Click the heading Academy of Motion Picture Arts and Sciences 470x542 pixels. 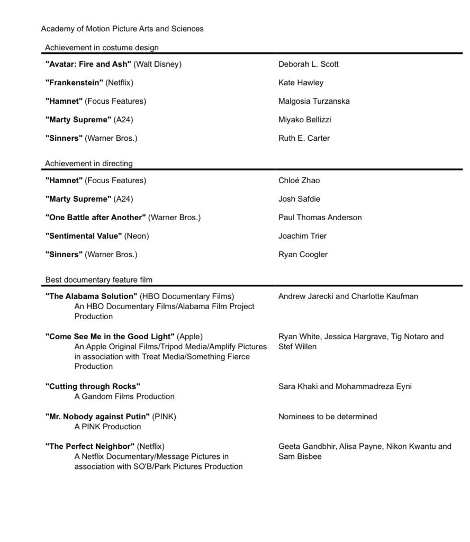pos(122,29)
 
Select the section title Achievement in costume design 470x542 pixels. pos(102,48)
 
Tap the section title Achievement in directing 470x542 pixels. pos(89,164)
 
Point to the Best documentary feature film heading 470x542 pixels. pos(99,279)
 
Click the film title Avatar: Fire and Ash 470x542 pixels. pos(88,65)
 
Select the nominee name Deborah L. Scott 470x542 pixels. pos(308,65)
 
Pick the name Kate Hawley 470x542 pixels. pos(301,83)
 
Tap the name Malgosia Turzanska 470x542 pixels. pos(314,102)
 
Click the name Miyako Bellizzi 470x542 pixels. pos(304,120)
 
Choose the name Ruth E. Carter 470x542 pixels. pos(304,139)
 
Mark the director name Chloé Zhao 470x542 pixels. pos(299,180)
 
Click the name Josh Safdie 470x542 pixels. pos(299,199)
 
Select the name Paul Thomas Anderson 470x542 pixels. pos(320,218)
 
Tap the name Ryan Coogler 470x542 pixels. pos(303,255)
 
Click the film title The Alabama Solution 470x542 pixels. pos(92,296)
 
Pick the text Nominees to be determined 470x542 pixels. pos(328,417)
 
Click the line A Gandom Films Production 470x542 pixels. pos(124,396)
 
